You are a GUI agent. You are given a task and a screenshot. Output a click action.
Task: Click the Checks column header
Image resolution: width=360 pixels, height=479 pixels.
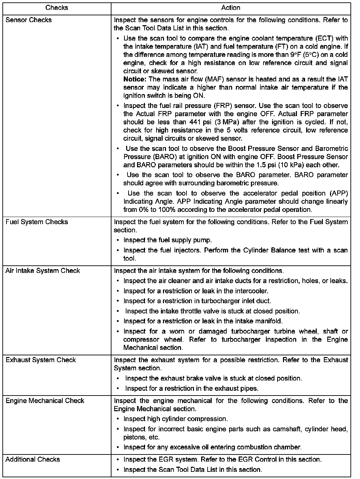[57, 7]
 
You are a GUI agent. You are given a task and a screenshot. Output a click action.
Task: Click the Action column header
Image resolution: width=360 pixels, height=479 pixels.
[231, 7]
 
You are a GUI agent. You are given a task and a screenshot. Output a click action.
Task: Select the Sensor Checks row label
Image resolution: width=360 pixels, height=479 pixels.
[29, 20]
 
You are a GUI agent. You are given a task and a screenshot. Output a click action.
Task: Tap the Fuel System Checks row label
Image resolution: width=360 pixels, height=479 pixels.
[37, 222]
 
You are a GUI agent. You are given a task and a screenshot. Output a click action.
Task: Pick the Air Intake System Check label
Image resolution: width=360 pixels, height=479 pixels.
[43, 271]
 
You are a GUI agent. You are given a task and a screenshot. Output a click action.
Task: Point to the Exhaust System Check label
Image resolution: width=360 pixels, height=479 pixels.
[41, 360]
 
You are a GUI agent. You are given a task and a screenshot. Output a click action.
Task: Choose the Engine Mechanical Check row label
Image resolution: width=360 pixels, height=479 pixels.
[45, 401]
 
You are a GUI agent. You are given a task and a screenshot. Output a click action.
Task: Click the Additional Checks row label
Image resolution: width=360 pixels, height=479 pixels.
[33, 460]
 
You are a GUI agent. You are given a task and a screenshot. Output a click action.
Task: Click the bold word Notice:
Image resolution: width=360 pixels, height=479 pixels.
[135, 79]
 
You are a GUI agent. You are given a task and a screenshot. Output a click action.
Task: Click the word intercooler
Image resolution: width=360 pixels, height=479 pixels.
[252, 291]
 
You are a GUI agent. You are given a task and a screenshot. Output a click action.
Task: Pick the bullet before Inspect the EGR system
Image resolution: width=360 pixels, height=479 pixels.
[118, 460]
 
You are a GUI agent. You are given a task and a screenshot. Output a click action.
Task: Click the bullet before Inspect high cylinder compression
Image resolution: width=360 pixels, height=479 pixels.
[118, 419]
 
